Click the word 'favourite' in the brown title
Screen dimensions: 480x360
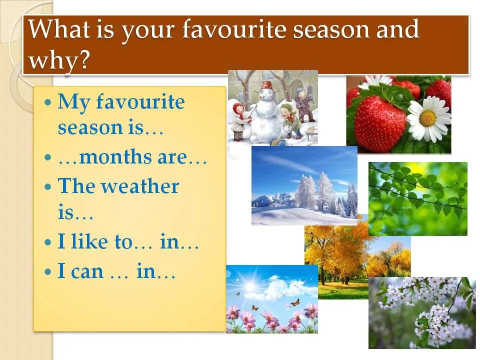pyautogui.click(x=234, y=29)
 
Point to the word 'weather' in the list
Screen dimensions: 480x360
pyautogui.click(x=140, y=186)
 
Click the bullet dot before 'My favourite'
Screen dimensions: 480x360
pyautogui.click(x=48, y=101)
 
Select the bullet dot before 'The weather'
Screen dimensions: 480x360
pyautogui.click(x=48, y=186)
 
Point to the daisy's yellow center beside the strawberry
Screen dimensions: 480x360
pyautogui.click(x=427, y=118)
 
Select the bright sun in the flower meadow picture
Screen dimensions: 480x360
pyautogui.click(x=250, y=285)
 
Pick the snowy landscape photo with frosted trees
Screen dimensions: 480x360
pyautogui.click(x=304, y=185)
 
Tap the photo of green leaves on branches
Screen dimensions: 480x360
pyautogui.click(x=418, y=198)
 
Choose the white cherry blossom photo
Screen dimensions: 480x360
pyautogui.click(x=422, y=312)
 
